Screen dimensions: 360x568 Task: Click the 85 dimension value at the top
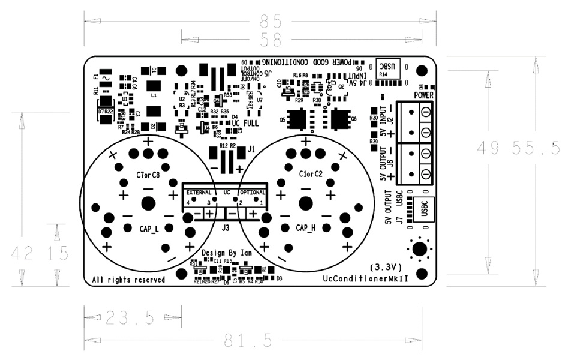[271, 22]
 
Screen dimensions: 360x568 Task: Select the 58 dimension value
[271, 40]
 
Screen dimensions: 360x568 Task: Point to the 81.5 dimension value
[249, 341]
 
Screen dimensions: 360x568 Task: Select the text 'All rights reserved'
[128, 280]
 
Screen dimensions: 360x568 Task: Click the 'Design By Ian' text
[226, 253]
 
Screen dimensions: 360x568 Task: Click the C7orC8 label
[148, 175]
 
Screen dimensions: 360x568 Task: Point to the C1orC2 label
[311, 175]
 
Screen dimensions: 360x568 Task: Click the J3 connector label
[226, 227]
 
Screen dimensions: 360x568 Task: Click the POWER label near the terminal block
[424, 95]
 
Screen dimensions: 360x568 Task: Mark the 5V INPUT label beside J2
[382, 125]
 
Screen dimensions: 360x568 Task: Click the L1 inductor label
[154, 95]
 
